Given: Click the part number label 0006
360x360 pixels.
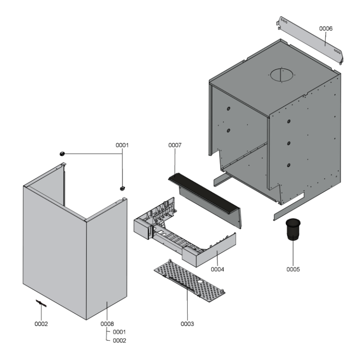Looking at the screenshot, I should tap(326, 28).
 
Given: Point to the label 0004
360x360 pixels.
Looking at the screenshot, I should tap(218, 269).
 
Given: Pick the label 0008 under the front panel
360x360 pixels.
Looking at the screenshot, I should tap(107, 324).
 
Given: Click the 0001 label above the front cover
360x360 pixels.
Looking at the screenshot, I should tap(122, 145).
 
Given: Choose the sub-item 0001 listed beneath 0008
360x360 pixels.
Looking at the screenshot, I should tap(119, 332).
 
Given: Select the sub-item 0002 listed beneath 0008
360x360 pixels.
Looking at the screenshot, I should tap(119, 341).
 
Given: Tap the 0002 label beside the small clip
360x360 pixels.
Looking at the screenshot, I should tap(41, 324).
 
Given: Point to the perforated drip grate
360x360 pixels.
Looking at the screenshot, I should tap(189, 279).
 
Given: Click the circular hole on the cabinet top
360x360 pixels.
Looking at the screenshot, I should tap(282, 75).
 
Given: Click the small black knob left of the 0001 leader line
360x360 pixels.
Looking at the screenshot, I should tap(62, 153).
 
